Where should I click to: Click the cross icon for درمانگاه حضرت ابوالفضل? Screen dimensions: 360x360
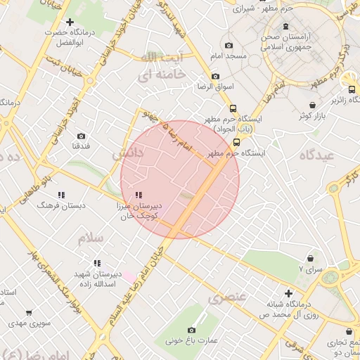pos(70,22)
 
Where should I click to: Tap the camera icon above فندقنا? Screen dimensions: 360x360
pos(81,136)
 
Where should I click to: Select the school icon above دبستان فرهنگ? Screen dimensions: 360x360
pos(61,194)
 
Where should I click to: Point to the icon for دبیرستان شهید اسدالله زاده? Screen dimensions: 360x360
pos(97,263)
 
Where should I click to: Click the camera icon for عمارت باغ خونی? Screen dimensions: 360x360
pos(191,330)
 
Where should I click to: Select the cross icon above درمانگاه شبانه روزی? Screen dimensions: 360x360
pos(288,293)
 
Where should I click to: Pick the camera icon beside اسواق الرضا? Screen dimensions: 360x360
pos(214,76)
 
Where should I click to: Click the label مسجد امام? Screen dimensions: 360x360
pos(228,55)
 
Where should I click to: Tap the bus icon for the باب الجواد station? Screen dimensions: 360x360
pos(233,108)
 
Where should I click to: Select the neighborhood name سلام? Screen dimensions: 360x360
pos(90,238)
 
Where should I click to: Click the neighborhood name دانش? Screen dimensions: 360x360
pos(127,153)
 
